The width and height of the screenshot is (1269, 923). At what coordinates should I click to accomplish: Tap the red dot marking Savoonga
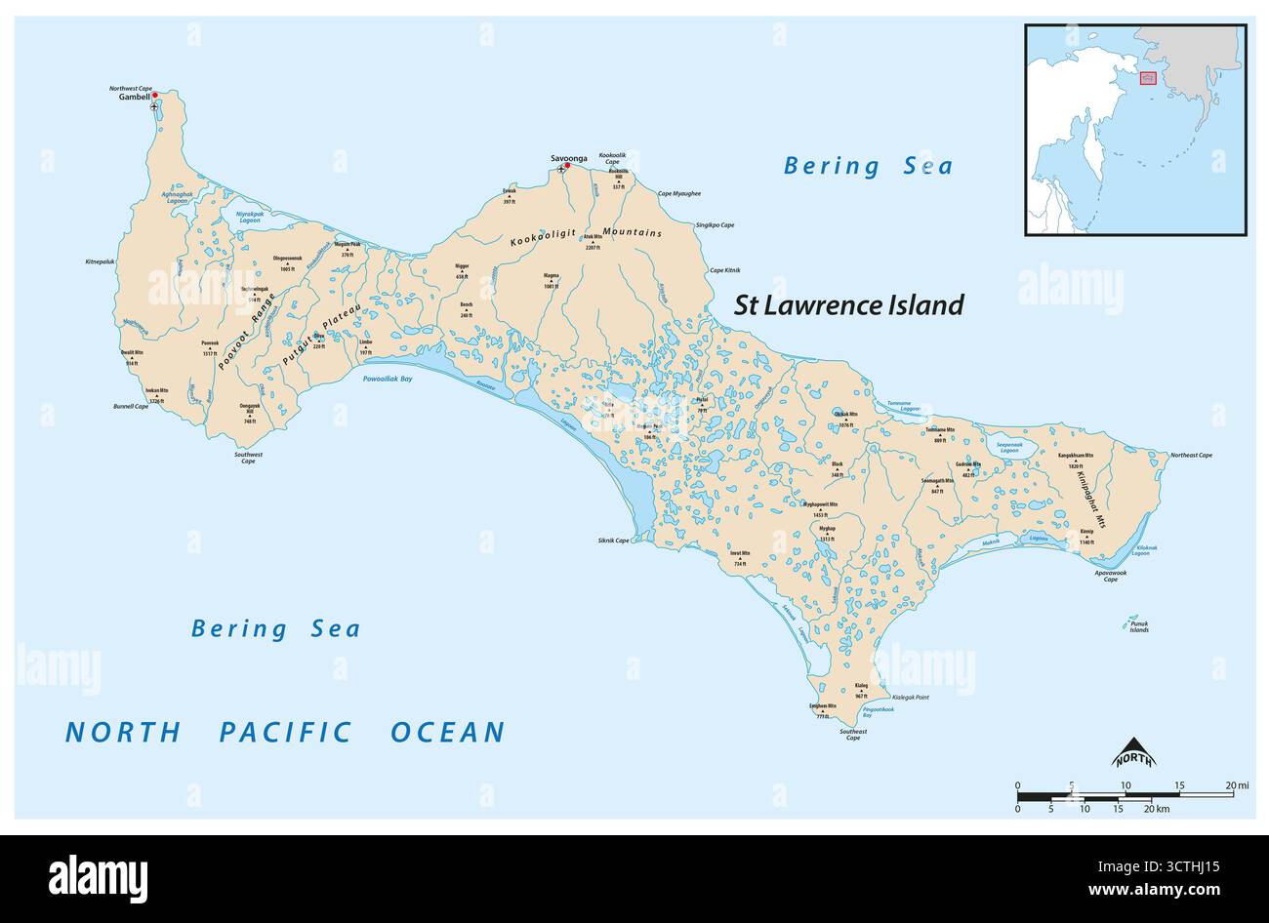point(567,166)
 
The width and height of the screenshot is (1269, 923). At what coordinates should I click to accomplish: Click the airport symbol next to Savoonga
point(560,170)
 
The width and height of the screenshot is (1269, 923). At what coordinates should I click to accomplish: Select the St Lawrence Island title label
point(848,305)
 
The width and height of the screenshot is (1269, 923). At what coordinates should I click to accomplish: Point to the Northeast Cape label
point(1191,456)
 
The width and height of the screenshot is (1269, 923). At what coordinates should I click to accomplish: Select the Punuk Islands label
point(1138,626)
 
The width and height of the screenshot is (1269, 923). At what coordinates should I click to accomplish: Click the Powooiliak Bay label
point(388,378)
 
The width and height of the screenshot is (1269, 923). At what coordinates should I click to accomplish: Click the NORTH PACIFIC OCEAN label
point(285,732)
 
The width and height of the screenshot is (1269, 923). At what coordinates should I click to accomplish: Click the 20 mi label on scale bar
point(1237,784)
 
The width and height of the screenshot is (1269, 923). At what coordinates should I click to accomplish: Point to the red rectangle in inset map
point(1148,77)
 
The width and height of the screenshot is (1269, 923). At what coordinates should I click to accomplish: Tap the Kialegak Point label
point(910,699)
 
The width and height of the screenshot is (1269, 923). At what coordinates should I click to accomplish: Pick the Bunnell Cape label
point(130,405)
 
